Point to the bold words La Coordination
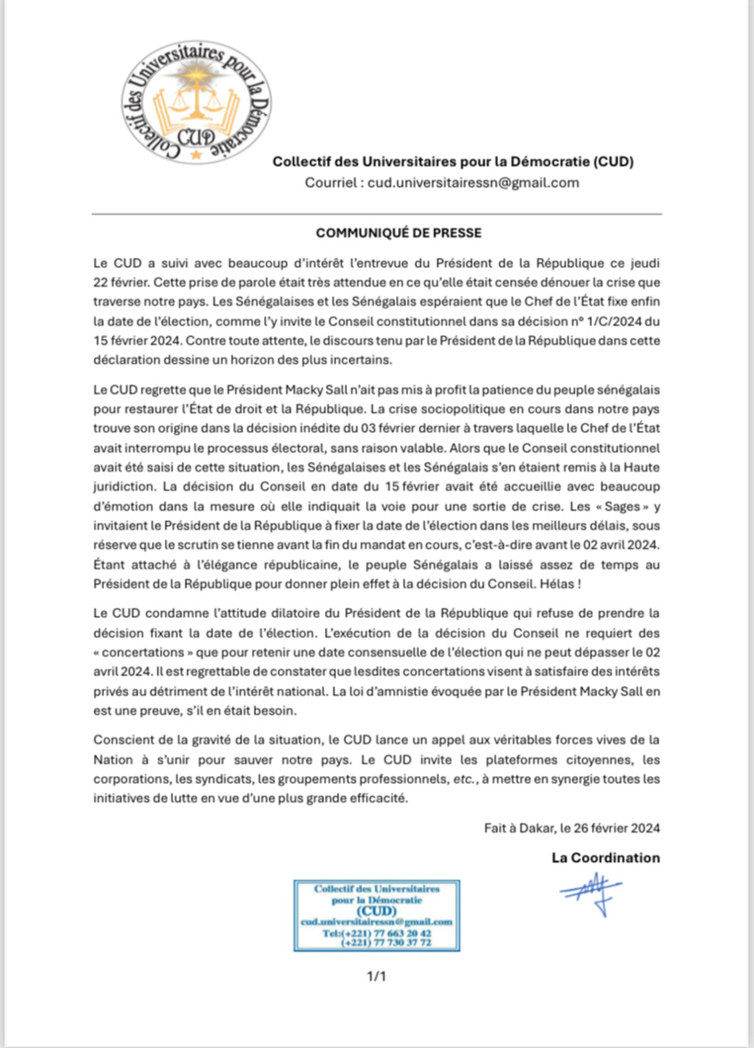click(x=606, y=857)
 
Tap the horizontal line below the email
click(x=377, y=214)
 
